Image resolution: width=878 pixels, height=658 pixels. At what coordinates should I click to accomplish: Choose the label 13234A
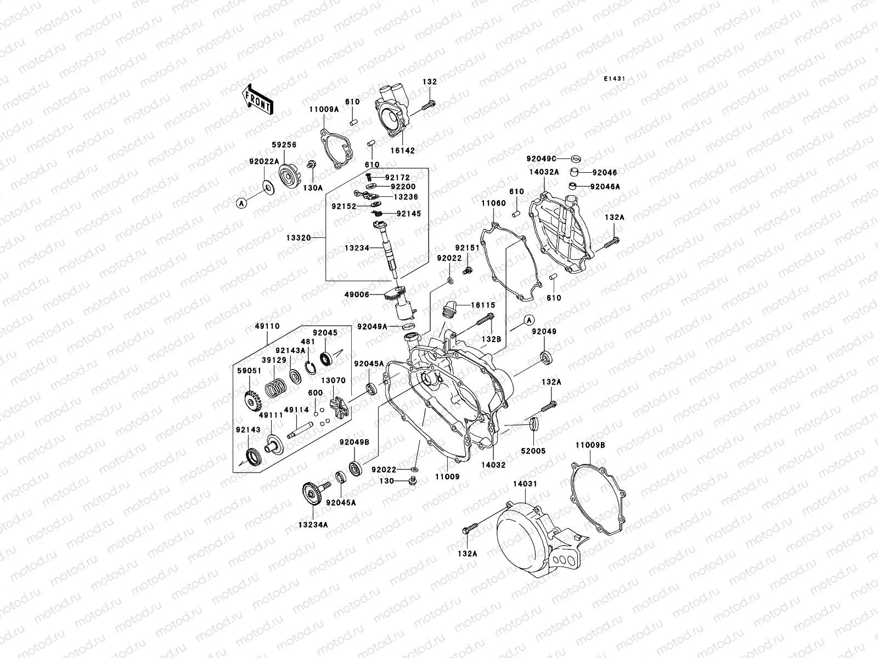(313, 524)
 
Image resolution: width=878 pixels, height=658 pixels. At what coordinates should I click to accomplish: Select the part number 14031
(525, 484)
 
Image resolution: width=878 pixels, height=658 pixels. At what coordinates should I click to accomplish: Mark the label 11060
(493, 203)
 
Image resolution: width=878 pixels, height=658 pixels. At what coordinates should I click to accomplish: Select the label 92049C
(541, 158)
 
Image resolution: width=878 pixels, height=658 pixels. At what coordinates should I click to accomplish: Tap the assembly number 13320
(299, 238)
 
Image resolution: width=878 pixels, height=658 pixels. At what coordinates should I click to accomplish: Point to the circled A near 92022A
(240, 203)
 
